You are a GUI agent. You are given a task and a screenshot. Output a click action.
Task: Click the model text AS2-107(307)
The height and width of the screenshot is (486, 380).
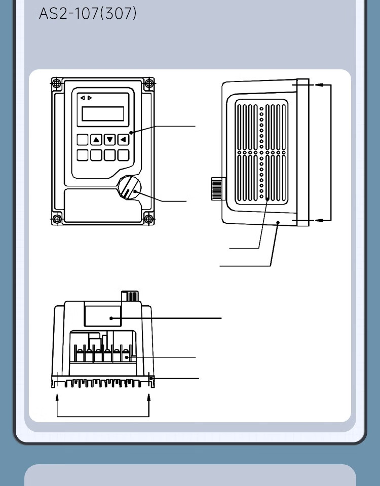pos(88,13)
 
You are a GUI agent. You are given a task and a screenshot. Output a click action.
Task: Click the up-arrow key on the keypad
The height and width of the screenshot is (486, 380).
pos(96,140)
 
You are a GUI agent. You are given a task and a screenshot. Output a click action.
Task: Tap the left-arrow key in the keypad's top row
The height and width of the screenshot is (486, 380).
pos(123,140)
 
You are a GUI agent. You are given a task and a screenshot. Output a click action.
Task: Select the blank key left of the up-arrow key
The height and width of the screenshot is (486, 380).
pos(83,140)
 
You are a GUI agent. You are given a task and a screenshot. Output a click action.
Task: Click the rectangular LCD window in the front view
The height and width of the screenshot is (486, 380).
pos(103,113)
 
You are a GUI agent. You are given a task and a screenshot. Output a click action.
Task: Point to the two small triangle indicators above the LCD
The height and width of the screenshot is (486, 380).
pos(86,98)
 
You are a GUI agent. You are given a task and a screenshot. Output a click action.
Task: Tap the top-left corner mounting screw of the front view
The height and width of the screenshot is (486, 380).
pos(57,84)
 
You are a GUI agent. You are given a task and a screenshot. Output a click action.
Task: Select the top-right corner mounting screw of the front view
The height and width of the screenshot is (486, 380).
pos(148,84)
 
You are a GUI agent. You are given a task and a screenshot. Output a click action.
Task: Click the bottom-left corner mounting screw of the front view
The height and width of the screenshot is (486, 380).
pos(57,219)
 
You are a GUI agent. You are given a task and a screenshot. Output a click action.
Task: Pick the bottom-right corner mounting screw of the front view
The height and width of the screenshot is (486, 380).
pos(148,219)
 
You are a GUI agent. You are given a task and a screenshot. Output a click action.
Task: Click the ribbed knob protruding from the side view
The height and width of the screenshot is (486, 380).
pos(218,189)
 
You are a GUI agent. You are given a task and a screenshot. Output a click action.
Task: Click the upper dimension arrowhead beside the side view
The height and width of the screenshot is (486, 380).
pos(318,85)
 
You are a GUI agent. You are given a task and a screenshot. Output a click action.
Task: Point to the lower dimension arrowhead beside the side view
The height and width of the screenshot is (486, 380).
pos(318,220)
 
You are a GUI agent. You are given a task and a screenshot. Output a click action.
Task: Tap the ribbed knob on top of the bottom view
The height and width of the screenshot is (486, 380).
pos(130,296)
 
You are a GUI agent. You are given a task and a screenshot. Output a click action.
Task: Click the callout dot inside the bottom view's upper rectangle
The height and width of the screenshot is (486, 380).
pos(111,318)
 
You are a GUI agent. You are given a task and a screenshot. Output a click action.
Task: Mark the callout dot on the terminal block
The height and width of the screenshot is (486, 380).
pos(126,357)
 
